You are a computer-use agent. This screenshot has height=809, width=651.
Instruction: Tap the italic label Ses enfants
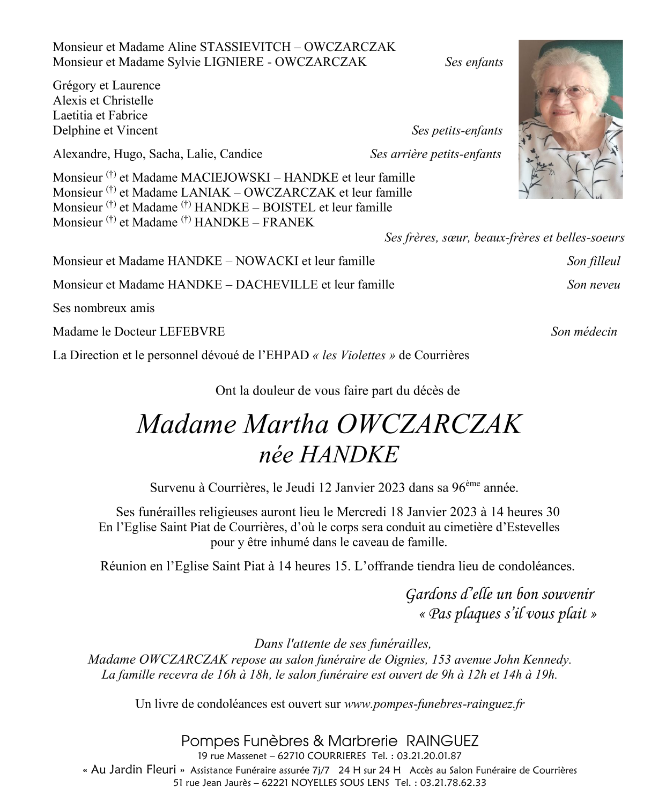coord(474,62)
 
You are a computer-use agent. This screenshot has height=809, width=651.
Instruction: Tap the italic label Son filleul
coord(593,261)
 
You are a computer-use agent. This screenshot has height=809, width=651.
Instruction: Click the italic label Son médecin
coord(583,332)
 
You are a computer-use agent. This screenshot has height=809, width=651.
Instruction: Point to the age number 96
coord(458,488)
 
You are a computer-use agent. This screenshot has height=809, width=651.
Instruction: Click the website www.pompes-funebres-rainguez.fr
coord(434,704)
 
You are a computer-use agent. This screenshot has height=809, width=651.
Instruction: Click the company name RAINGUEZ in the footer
coord(442,741)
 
